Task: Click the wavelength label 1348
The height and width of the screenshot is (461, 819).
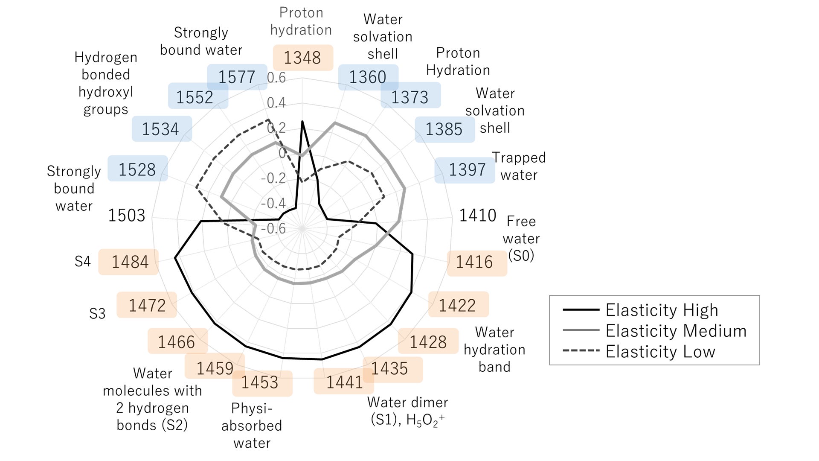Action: pyautogui.click(x=302, y=58)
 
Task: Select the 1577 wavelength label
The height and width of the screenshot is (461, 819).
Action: pyautogui.click(x=237, y=77)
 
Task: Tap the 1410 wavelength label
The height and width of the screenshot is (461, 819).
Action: pyautogui.click(x=477, y=216)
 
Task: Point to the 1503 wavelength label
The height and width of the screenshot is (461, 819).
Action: pyautogui.click(x=127, y=216)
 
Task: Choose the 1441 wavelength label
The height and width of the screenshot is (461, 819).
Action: pyautogui.click(x=344, y=382)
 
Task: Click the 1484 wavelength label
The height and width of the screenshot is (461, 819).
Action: pyautogui.click(x=130, y=262)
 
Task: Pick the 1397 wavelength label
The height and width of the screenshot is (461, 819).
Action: pyautogui.click(x=467, y=170)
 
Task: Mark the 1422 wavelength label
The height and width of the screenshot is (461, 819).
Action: pyautogui.click(x=457, y=305)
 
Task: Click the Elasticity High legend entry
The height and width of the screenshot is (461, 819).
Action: pyautogui.click(x=662, y=310)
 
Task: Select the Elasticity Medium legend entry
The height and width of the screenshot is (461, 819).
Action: pyautogui.click(x=676, y=331)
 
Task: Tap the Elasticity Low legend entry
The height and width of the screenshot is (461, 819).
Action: pyautogui.click(x=660, y=352)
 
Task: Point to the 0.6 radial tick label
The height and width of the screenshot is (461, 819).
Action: pyautogui.click(x=276, y=78)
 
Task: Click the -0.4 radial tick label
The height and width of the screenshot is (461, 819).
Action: pyautogui.click(x=273, y=203)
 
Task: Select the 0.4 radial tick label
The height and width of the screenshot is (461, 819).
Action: pyautogui.click(x=276, y=103)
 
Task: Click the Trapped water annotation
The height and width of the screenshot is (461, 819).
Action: pyautogui.click(x=519, y=166)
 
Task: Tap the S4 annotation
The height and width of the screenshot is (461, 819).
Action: pyautogui.click(x=82, y=261)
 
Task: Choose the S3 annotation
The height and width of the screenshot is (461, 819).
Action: pyautogui.click(x=97, y=314)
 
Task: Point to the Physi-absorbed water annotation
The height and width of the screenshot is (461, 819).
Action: pyautogui.click(x=252, y=426)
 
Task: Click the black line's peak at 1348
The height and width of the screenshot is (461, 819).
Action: pyautogui.click(x=302, y=122)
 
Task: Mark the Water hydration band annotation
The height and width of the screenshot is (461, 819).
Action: pyautogui.click(x=494, y=349)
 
